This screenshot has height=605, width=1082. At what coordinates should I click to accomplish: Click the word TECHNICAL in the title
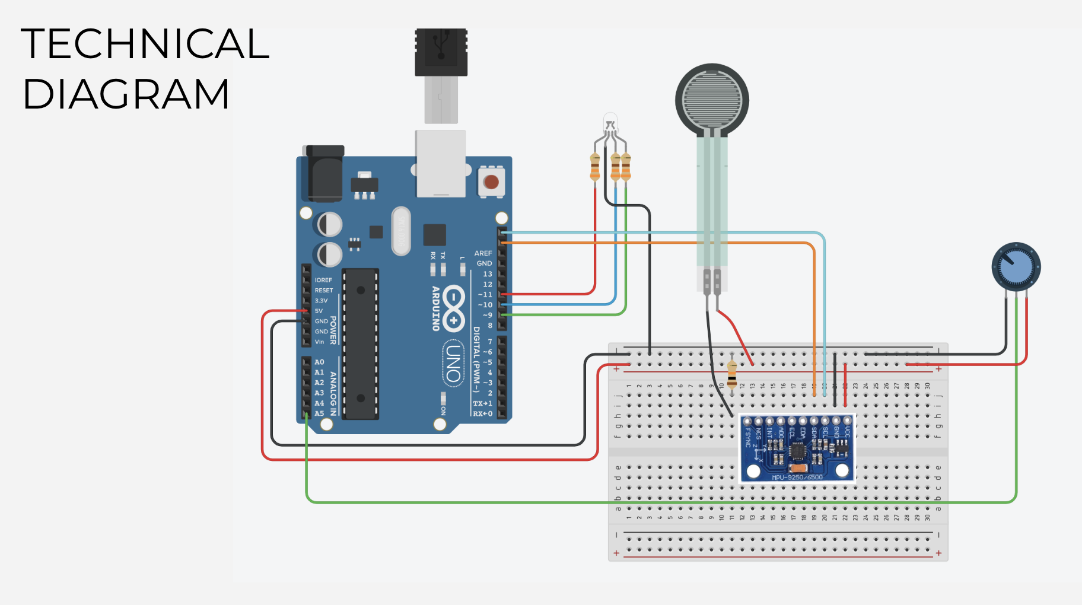[x=145, y=44]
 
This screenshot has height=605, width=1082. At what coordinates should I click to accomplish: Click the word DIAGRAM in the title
[x=126, y=94]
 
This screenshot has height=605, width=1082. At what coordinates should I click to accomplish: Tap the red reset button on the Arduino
[x=491, y=181]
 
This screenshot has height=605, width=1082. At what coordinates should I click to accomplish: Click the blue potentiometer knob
[x=1016, y=267]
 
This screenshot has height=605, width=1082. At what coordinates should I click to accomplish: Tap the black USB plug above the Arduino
[x=441, y=52]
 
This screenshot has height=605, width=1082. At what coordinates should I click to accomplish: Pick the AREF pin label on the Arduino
[x=483, y=253]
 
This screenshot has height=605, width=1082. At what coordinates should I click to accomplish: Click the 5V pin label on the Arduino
[x=319, y=311]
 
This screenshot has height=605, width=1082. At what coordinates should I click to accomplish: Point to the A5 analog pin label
[x=319, y=413]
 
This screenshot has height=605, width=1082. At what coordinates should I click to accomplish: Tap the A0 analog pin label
[x=319, y=362]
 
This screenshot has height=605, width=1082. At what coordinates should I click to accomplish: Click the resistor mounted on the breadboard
[x=732, y=373]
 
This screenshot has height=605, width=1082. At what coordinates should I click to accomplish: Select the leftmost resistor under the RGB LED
[x=595, y=167]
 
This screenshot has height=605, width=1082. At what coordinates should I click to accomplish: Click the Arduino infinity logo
[x=453, y=308]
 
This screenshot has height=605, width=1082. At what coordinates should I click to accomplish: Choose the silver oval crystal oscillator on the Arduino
[x=401, y=231]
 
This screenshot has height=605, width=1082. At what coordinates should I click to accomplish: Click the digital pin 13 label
[x=488, y=274]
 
